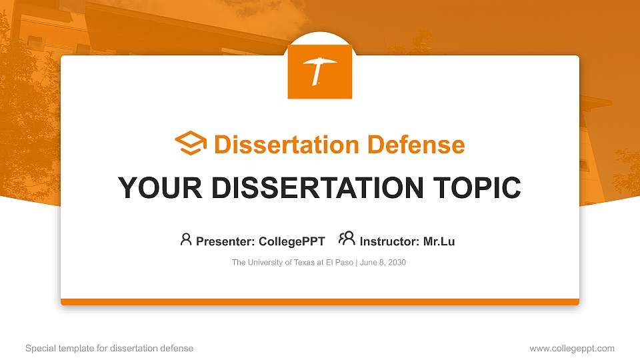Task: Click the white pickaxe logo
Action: [x=320, y=71]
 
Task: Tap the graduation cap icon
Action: [x=191, y=144]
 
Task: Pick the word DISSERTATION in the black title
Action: [x=317, y=188]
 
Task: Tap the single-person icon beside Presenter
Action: [x=186, y=239]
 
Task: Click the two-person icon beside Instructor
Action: [x=347, y=239]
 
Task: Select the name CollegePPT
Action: [x=292, y=241]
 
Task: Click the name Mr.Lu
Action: [x=439, y=241]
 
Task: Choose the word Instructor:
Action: [x=389, y=241]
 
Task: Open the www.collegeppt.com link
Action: [x=572, y=348]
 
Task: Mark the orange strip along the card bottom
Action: [x=320, y=302]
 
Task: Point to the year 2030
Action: [x=397, y=263]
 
